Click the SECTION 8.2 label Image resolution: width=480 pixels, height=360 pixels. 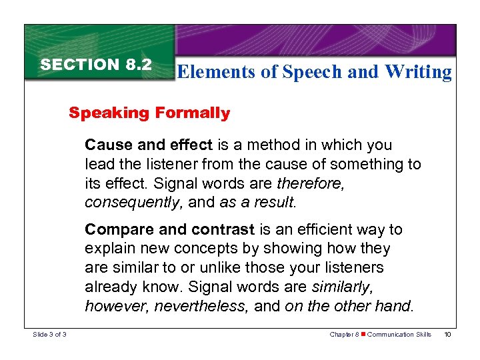coord(96,65)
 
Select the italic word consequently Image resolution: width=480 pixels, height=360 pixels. coord(126,201)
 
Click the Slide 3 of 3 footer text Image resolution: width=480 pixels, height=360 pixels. coord(50,334)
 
